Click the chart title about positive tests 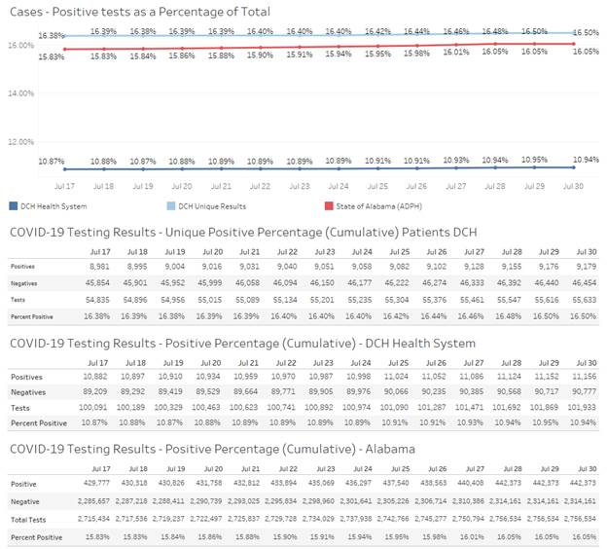[139, 12]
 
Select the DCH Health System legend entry [51, 206]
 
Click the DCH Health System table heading [238, 344]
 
